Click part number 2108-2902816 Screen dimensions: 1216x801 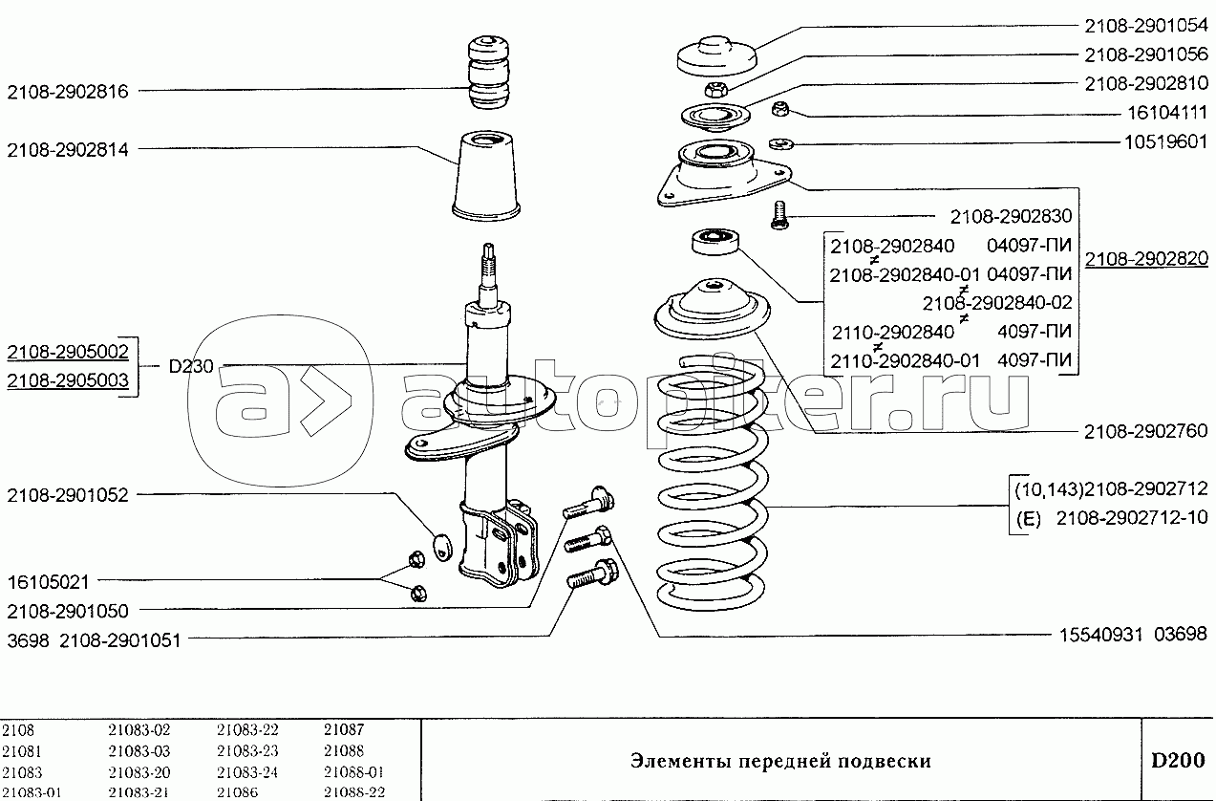click(68, 92)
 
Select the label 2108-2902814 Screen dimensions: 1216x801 click(68, 150)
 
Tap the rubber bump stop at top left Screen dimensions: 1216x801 click(488, 73)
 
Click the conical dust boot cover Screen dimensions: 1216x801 click(486, 176)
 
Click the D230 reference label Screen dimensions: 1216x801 click(191, 366)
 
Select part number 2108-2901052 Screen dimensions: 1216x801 click(68, 495)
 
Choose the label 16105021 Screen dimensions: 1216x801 click(48, 582)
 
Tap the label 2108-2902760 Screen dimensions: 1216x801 click(1146, 432)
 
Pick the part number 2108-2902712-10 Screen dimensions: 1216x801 click(1132, 518)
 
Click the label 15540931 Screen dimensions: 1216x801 click(1101, 635)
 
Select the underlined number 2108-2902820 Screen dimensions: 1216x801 click(1146, 259)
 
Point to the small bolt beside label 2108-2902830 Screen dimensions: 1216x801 click(779, 215)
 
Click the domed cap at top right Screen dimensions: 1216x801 click(716, 56)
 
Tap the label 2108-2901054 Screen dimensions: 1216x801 click(1146, 26)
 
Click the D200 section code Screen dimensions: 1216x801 click(1178, 761)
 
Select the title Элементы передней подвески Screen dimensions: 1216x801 click(780, 762)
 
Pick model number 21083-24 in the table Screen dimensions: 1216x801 click(247, 771)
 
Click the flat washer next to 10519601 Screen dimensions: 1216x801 click(781, 144)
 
